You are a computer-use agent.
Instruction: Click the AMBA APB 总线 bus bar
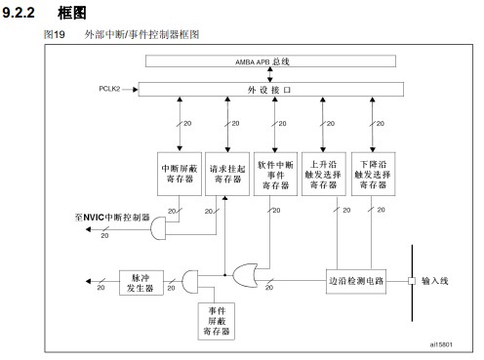click(270, 61)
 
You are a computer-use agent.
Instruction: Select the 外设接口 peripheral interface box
click(271, 90)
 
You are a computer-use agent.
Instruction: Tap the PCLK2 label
click(109, 89)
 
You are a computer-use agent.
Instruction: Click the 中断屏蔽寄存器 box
click(180, 174)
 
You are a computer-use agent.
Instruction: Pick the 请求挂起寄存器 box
click(227, 174)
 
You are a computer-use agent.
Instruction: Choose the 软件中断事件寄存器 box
click(275, 174)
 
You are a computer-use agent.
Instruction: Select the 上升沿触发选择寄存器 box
click(324, 174)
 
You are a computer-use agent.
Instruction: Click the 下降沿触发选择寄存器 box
click(373, 174)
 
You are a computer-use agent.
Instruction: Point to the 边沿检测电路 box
click(356, 281)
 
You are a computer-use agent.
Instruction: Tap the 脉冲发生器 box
click(141, 283)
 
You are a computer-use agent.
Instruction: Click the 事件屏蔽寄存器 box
click(217, 321)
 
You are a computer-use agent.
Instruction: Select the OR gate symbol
click(245, 275)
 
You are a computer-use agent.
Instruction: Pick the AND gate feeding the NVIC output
click(158, 229)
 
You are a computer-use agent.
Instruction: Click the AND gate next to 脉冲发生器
click(189, 282)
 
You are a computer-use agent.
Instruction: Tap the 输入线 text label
click(435, 281)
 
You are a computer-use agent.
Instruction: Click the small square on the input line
click(412, 281)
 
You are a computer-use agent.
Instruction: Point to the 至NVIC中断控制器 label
click(112, 218)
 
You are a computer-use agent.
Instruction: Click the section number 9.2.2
click(19, 13)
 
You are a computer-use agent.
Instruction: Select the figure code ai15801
click(441, 344)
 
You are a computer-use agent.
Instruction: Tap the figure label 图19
click(55, 34)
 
